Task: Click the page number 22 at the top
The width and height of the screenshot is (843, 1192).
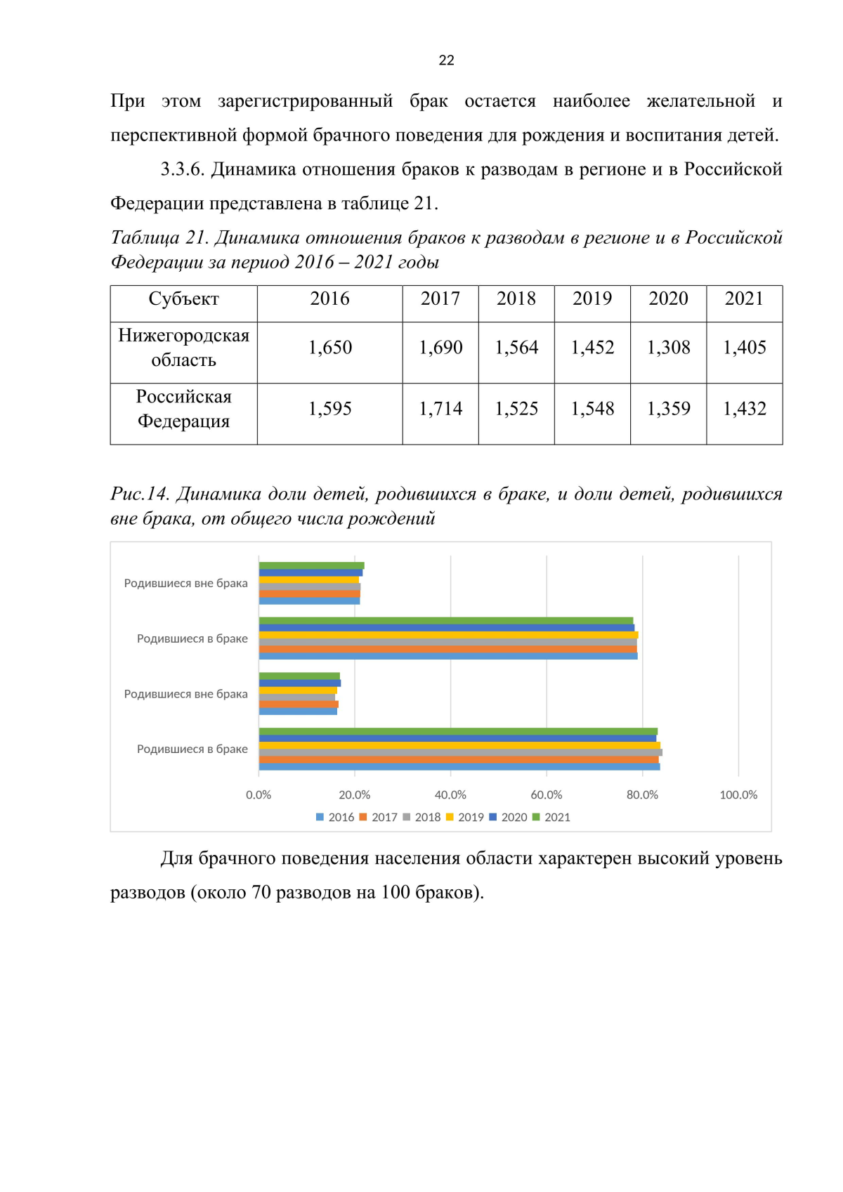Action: [446, 60]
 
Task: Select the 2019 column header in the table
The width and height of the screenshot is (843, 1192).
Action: [592, 299]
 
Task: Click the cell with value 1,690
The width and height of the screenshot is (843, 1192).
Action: [440, 348]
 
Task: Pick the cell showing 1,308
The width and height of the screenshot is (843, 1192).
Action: [668, 348]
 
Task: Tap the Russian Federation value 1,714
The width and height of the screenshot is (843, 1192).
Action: [440, 409]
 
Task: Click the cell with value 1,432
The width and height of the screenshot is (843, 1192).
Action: [744, 409]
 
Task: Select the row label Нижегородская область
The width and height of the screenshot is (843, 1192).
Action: [183, 348]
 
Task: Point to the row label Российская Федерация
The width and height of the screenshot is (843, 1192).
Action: [183, 409]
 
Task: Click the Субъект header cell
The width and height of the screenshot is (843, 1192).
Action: [183, 299]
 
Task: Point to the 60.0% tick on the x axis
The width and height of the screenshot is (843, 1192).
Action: [547, 795]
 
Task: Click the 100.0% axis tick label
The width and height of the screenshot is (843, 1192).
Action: [738, 795]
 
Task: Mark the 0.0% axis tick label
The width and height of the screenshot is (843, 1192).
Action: [259, 795]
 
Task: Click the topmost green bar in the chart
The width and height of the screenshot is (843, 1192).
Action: [311, 565]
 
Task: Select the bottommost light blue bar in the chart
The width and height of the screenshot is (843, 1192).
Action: [459, 767]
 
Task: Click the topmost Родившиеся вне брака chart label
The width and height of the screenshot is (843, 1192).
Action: [185, 583]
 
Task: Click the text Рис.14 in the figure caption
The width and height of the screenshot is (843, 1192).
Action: [140, 495]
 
